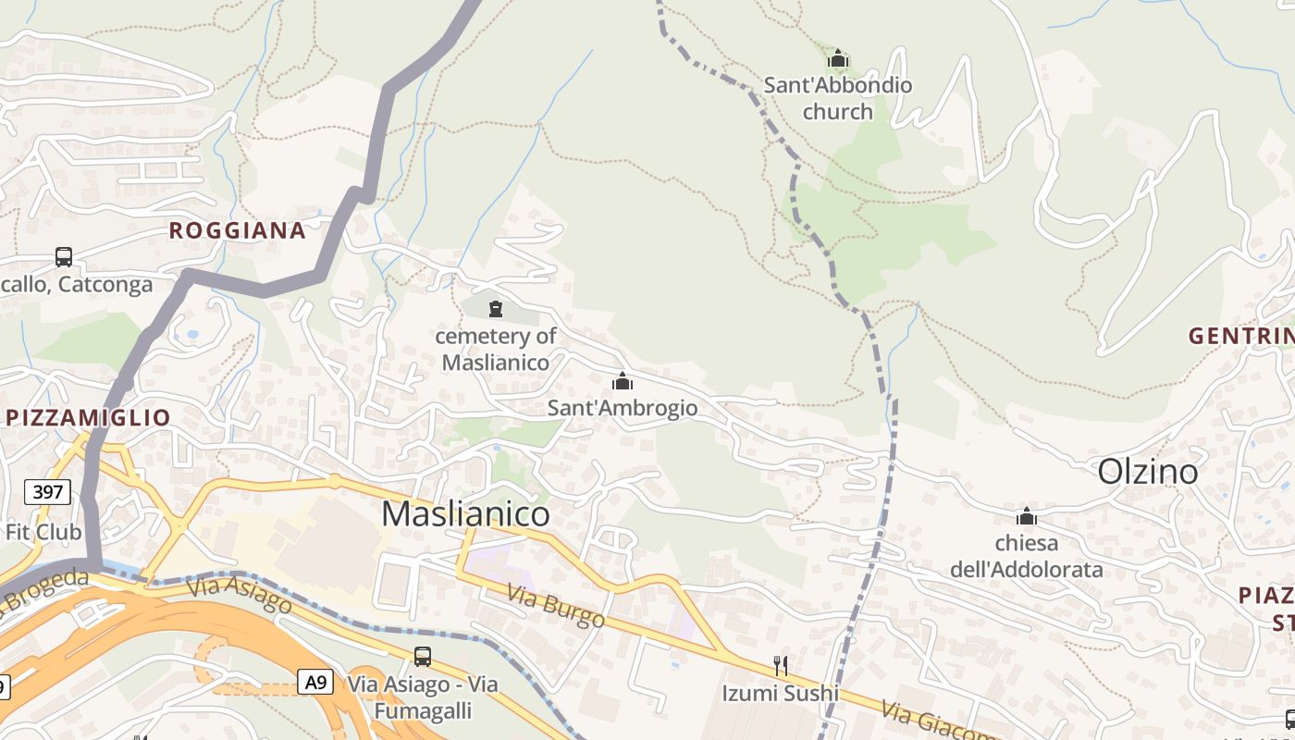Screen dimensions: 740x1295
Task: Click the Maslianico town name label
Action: (465, 513)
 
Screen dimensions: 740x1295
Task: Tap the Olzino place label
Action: (1147, 472)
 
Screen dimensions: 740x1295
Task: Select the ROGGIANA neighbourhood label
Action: (237, 230)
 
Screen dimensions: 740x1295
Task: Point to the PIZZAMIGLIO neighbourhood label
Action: (88, 417)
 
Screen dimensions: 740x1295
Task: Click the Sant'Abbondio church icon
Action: (838, 59)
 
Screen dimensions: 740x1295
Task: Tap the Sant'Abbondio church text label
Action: (838, 98)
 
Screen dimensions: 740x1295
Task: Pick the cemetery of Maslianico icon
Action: (496, 308)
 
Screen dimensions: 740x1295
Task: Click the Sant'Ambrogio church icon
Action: (623, 381)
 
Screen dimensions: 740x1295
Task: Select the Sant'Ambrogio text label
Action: (623, 408)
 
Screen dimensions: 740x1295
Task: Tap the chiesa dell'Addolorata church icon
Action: (1026, 516)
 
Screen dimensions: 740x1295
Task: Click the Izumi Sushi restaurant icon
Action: (781, 665)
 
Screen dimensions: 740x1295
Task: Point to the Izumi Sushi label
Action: (781, 693)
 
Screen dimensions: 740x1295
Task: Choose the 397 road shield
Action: (47, 491)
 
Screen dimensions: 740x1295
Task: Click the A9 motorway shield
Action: (315, 683)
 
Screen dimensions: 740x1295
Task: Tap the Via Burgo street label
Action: (555, 605)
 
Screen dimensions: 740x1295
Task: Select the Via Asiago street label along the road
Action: (240, 596)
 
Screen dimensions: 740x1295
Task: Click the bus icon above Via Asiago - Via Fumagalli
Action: (422, 656)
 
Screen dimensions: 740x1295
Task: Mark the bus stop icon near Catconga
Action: (64, 256)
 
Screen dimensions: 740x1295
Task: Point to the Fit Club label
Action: (43, 532)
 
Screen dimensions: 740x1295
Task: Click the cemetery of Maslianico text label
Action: (496, 349)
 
